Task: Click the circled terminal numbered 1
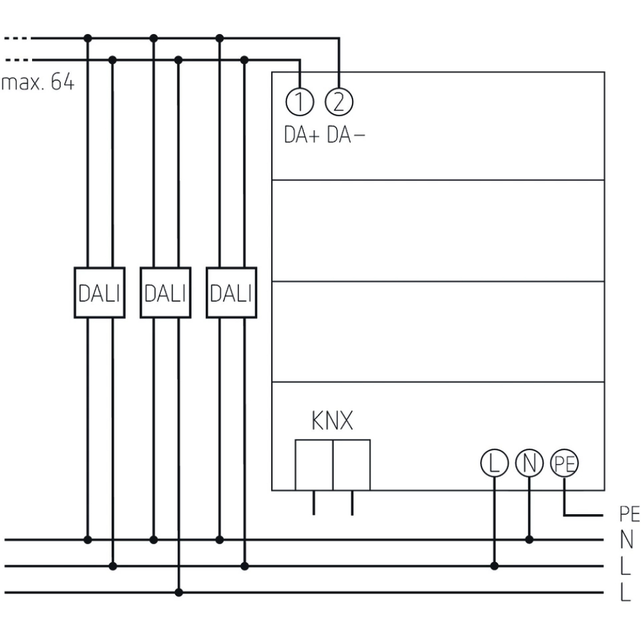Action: coord(300,102)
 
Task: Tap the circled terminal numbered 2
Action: coord(339,102)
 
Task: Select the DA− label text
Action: coord(347,135)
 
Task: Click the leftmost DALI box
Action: coord(99,292)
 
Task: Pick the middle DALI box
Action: coord(165,292)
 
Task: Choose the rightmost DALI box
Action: coord(231,292)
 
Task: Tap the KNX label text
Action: coord(332,422)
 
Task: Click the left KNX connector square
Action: coord(314,465)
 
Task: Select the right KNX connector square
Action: coord(352,465)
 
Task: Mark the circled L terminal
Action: coord(494,463)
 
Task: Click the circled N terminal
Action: coord(529,463)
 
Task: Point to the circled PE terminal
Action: coord(564,463)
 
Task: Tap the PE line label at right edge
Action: coord(629,515)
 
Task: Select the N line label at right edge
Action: coord(626,540)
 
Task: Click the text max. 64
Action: coord(38,83)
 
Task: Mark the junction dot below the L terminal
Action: coord(494,566)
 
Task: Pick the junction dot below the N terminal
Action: coord(529,540)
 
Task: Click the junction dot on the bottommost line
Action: coord(178,592)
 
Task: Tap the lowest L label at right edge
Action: coord(626,592)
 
